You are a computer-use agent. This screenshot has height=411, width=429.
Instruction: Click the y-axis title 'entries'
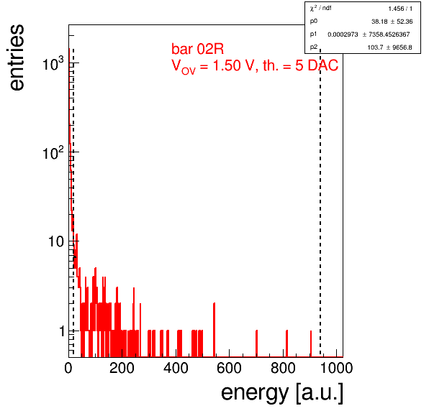click(17, 57)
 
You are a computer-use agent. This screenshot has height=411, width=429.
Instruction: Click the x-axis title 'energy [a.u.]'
click(282, 393)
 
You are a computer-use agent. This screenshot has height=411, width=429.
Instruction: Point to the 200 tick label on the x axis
click(122, 368)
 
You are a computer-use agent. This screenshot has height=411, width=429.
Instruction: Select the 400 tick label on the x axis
click(176, 368)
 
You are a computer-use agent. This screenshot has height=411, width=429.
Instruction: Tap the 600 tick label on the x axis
click(229, 368)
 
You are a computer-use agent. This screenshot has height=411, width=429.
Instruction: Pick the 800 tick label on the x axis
click(283, 368)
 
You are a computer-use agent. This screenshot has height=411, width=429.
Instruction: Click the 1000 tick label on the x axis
click(336, 368)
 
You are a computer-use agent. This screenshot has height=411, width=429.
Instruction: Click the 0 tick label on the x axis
click(68, 368)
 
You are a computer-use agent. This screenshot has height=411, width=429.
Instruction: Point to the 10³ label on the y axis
click(53, 64)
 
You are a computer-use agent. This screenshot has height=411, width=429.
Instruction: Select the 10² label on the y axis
click(53, 152)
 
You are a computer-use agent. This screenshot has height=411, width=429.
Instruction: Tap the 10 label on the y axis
click(56, 241)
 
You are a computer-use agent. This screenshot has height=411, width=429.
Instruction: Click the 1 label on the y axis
click(62, 331)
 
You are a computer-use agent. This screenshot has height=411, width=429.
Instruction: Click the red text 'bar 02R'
click(197, 49)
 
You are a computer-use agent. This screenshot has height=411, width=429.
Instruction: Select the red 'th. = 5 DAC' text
click(301, 65)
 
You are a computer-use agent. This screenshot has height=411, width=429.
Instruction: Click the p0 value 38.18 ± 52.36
click(392, 22)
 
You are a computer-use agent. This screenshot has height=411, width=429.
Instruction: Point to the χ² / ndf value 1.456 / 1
click(400, 9)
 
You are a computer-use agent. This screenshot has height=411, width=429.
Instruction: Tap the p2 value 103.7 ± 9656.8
click(389, 47)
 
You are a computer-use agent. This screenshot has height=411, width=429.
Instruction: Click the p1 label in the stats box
click(314, 34)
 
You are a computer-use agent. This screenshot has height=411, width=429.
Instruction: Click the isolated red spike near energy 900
click(311, 343)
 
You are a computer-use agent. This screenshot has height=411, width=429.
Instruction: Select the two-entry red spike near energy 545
click(214, 330)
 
